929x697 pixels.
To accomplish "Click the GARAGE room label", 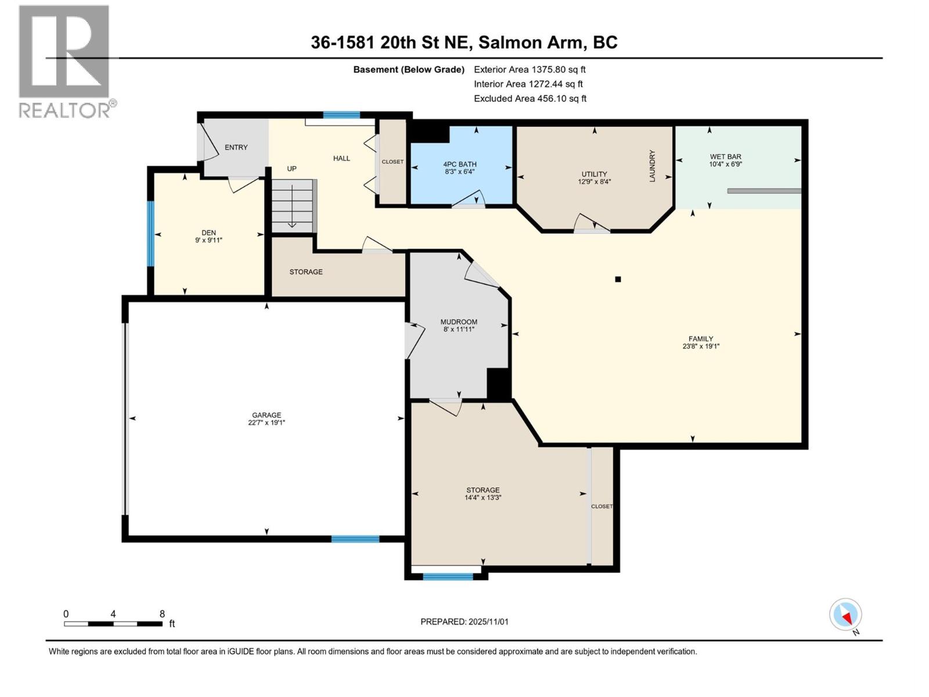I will (x=267, y=415).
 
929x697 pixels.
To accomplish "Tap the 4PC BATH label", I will (x=459, y=164).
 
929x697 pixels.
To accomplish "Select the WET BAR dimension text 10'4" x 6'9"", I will (x=725, y=164).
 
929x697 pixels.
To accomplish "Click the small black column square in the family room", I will (x=618, y=279).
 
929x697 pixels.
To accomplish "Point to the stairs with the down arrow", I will (x=293, y=206).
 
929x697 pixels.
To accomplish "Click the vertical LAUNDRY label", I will (x=652, y=166).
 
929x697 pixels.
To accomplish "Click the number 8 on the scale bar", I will (x=162, y=614).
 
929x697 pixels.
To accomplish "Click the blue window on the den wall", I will (x=150, y=233).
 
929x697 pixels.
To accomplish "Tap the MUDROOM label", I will (x=459, y=322).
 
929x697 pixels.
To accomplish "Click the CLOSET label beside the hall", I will (x=393, y=161).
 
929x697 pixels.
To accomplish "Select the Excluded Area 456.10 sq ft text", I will (x=530, y=99).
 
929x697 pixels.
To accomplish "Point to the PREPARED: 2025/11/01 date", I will (x=464, y=621).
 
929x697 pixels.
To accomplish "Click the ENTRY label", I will (x=236, y=148).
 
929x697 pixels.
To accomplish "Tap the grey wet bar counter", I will (x=764, y=191).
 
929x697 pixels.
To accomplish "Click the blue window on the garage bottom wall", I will (x=355, y=539).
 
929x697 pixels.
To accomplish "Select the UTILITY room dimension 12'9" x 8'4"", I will (x=594, y=181).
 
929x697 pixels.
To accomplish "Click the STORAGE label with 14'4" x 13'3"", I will (x=482, y=490).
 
